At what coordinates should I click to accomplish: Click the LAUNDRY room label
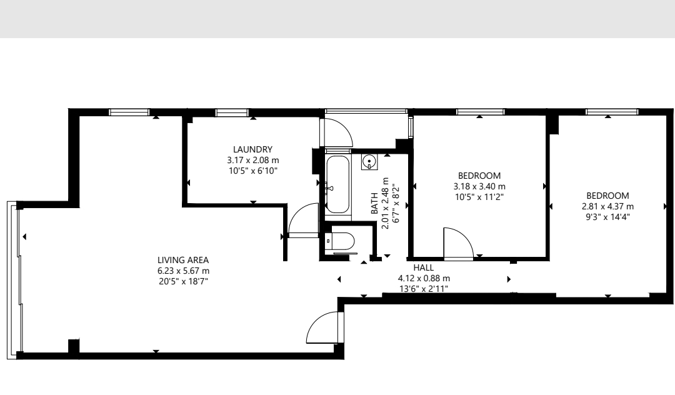click(252, 149)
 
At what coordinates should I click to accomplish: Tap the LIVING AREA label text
click(183, 260)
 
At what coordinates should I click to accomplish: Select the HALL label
click(424, 267)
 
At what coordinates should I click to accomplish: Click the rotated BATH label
click(374, 203)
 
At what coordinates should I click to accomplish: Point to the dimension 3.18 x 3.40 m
click(479, 186)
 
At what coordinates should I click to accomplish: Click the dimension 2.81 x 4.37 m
click(607, 206)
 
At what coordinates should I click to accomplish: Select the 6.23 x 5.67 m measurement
click(183, 271)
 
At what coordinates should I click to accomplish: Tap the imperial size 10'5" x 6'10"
click(252, 171)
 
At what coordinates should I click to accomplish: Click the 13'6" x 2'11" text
click(424, 289)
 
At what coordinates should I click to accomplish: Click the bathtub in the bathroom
click(337, 184)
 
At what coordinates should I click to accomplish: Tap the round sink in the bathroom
click(369, 162)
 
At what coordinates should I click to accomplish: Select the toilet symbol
click(339, 241)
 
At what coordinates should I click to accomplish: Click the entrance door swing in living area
click(325, 328)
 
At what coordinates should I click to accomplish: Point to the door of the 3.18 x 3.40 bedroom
click(459, 244)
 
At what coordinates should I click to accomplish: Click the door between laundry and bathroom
click(304, 220)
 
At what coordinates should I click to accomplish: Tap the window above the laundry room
click(232, 112)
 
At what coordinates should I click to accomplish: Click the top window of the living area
click(129, 112)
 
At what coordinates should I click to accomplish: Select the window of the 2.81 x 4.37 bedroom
click(612, 112)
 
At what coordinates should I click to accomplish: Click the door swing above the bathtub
click(336, 133)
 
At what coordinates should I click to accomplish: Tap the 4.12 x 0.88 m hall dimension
click(424, 278)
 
